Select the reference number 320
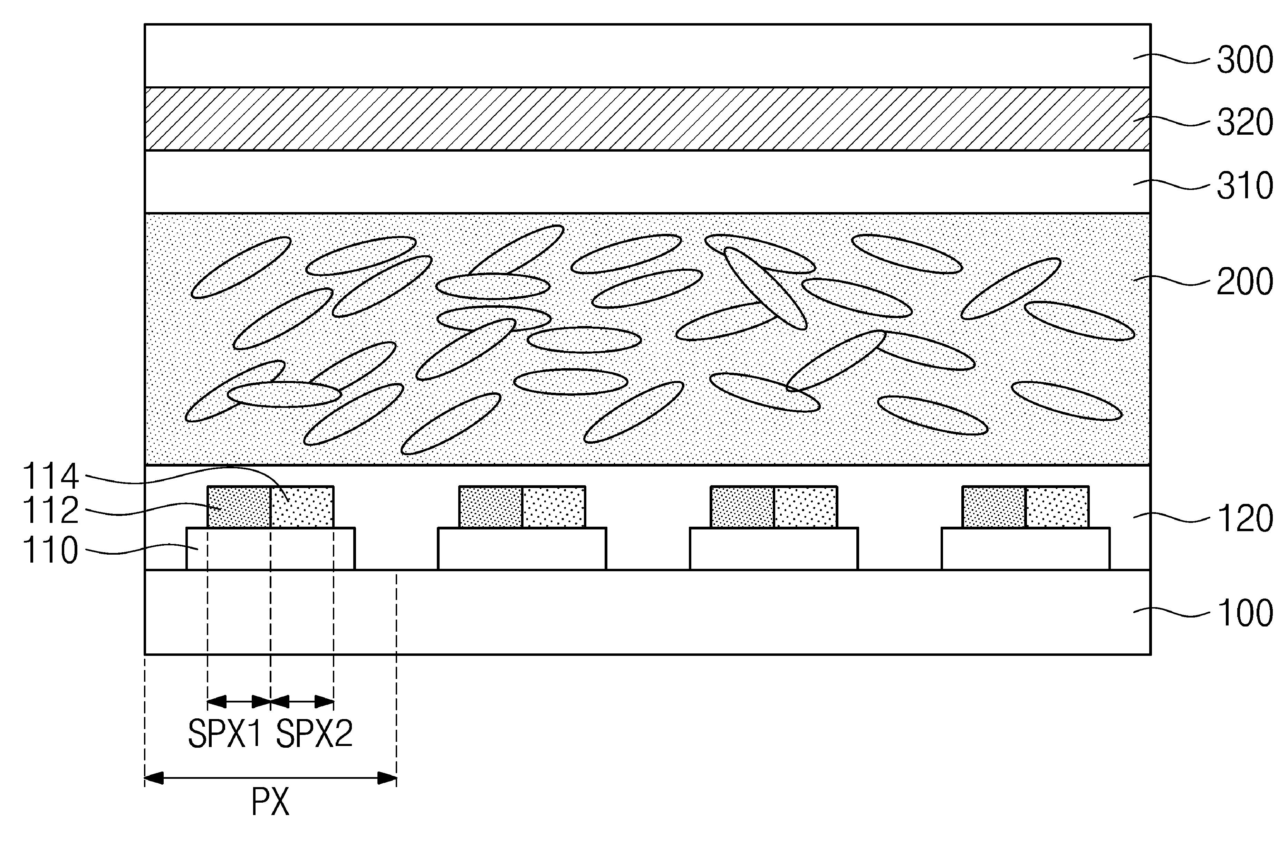1245,123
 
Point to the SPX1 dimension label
224,734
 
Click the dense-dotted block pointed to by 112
239,507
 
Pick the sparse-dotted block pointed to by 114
302,507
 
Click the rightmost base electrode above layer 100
1026,549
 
